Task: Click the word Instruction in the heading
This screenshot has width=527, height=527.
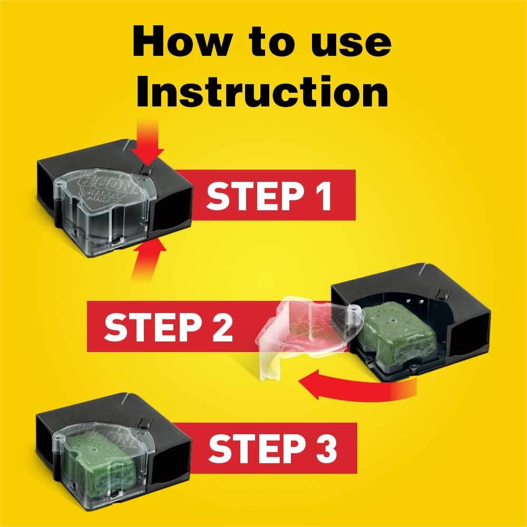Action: [262, 91]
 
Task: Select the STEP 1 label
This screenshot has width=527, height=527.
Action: [269, 195]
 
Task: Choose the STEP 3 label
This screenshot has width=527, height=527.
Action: [271, 448]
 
